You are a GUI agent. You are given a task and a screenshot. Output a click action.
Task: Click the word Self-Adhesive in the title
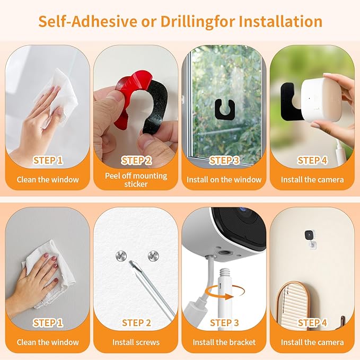point(87,21)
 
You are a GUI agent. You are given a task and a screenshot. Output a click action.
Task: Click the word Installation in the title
point(280,21)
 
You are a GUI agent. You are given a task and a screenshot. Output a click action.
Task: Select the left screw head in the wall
point(121,256)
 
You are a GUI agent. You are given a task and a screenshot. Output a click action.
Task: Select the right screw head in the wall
point(153,256)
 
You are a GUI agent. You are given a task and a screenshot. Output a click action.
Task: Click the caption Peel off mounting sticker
point(136,180)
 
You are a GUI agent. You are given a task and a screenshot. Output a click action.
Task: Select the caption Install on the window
point(224,180)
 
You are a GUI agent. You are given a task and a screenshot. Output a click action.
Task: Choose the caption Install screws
point(136,342)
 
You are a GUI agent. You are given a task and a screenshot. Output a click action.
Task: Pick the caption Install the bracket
point(224,342)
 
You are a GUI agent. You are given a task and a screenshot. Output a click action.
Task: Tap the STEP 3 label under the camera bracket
point(224,322)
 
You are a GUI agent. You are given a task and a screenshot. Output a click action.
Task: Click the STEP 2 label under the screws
point(136,322)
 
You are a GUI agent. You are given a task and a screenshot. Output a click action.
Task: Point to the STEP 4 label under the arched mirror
point(312,322)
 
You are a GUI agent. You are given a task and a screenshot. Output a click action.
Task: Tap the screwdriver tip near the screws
point(131,264)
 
